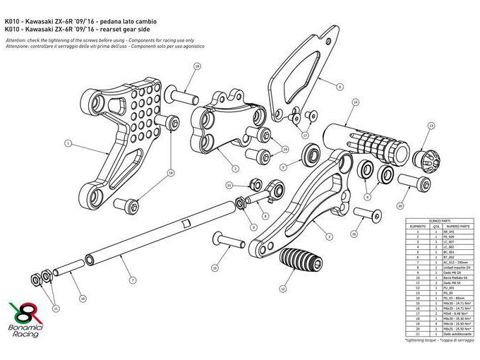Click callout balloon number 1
[x=68, y=143]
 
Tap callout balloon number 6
[x=340, y=87]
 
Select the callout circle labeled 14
[x=355, y=102]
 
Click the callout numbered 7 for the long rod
[x=133, y=280]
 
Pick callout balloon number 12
[x=282, y=288]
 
